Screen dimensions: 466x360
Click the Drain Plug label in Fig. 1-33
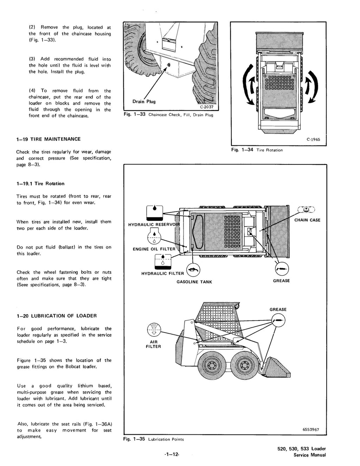tap(144, 102)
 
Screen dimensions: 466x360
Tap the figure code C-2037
tap(207, 107)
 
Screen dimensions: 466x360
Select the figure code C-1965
tap(313, 139)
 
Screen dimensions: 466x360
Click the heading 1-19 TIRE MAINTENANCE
tap(49, 139)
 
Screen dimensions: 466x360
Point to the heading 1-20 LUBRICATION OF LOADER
tap(57, 316)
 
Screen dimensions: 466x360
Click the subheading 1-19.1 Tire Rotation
tap(40, 184)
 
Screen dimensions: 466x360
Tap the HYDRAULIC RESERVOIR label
tap(154, 225)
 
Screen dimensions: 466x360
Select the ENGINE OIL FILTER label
tap(154, 249)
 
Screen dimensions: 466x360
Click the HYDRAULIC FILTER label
tap(162, 273)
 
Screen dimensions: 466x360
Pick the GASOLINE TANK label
tap(194, 282)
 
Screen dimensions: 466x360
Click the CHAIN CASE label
tap(307, 220)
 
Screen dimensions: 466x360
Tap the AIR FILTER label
tap(153, 344)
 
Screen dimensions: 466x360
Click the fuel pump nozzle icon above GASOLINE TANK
tap(194, 270)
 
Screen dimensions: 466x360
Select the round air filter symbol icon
tap(153, 329)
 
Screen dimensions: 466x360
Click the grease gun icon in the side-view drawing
tap(278, 321)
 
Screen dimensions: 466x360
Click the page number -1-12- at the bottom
tap(172, 454)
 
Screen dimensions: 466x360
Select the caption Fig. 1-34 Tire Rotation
tap(257, 150)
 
